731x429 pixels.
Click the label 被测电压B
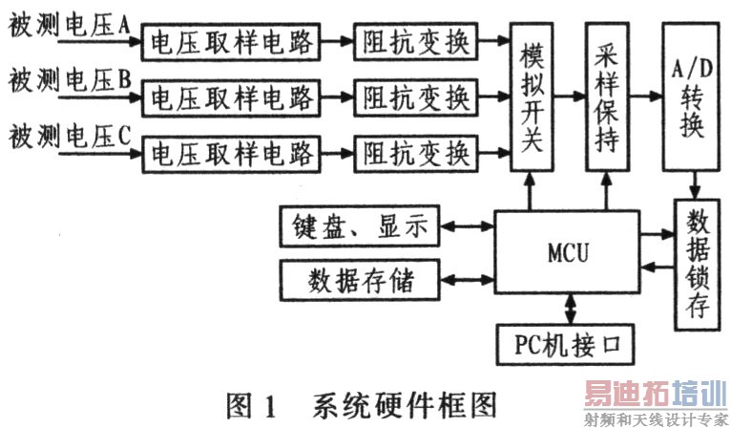coord(69,82)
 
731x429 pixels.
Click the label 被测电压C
coord(69,137)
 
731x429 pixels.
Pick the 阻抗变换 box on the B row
coord(415,97)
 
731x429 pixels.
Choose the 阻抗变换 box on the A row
coord(415,42)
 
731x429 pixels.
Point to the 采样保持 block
coord(608,96)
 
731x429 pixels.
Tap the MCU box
coord(569,253)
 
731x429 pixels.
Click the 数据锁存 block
coord(696,265)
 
